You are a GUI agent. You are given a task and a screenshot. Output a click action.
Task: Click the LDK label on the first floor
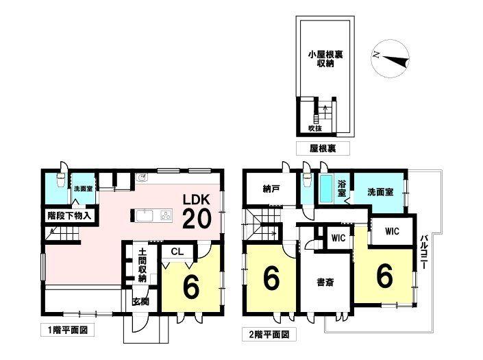[x=200, y=199]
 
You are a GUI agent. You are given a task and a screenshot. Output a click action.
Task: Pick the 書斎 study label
[x=324, y=282]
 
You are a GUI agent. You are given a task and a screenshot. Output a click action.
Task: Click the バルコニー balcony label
[x=423, y=251]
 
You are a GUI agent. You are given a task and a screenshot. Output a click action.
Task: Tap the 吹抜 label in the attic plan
[x=313, y=128]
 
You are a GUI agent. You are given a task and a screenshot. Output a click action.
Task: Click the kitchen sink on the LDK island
[x=145, y=216]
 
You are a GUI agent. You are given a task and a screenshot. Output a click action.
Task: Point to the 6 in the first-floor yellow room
[x=192, y=287]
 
